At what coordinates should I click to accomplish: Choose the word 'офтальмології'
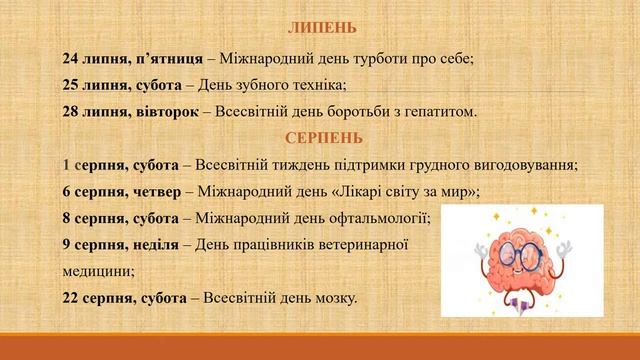pos(379,217)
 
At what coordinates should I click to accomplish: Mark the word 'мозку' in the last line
pos(333,297)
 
